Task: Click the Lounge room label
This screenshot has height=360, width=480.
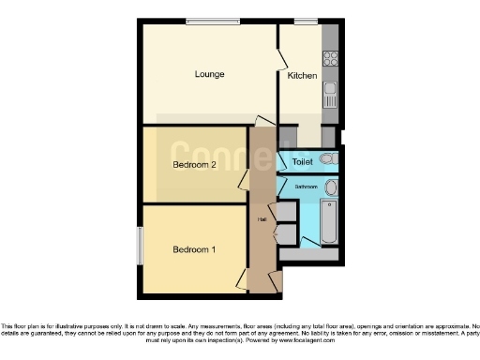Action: (x=209, y=74)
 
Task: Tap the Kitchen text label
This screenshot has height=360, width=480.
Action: (x=301, y=75)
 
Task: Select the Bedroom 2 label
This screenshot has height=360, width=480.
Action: (x=195, y=165)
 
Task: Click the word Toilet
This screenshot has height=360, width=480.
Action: (x=302, y=162)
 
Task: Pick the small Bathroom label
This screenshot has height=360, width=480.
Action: (x=306, y=187)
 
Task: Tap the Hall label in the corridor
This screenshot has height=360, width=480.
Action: (x=262, y=219)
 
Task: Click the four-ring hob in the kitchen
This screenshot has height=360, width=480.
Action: (x=330, y=58)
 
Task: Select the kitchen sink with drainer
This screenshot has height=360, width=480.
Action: (x=330, y=96)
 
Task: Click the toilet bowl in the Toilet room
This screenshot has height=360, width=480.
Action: (x=326, y=160)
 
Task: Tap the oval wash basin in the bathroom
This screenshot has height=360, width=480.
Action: (x=329, y=187)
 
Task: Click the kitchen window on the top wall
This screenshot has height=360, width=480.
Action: (x=306, y=21)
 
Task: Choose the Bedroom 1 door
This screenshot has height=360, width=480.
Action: (x=243, y=278)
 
